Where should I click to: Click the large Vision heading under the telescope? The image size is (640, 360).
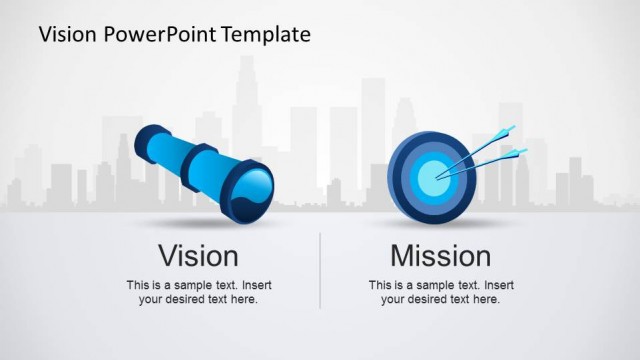(x=198, y=255)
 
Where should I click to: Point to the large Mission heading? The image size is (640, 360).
(x=440, y=255)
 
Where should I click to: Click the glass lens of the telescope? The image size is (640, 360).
(x=251, y=188)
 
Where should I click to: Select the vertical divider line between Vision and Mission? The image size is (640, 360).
(x=320, y=270)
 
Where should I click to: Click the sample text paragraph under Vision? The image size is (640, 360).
(x=198, y=292)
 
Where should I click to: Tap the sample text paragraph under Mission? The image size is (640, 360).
(x=440, y=292)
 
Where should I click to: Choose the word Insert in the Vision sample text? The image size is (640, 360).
(x=255, y=285)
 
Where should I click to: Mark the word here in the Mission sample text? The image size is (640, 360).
(x=485, y=299)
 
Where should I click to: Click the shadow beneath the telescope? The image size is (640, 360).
(x=200, y=222)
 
